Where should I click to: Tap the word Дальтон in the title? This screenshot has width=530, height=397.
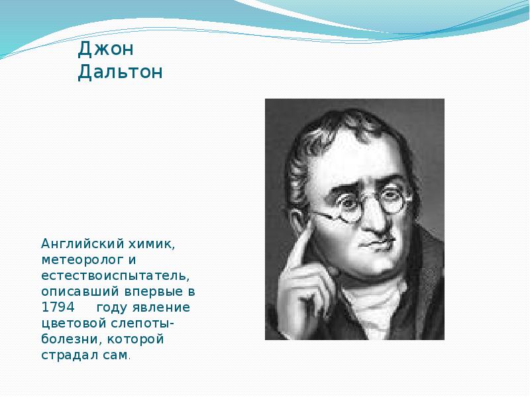[x=120, y=71]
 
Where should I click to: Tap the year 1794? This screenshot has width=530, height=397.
[x=58, y=308]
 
